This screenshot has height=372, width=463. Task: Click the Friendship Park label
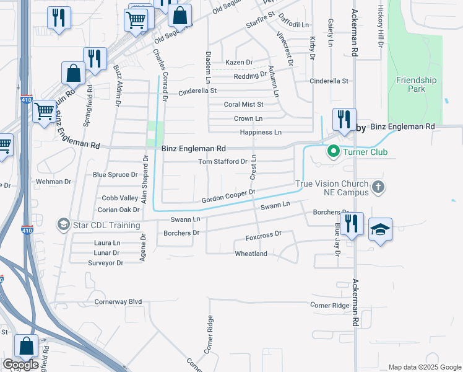[x=416, y=84]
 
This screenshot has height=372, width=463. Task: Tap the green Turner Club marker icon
[x=334, y=151]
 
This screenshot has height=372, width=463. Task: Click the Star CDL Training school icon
[x=63, y=223]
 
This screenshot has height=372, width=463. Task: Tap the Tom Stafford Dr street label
[x=222, y=162]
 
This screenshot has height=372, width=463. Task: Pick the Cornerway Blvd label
[x=118, y=302]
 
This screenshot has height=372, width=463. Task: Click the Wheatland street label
[x=251, y=254]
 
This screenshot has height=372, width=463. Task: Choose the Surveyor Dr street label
[x=106, y=263]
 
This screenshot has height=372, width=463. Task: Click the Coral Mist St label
[x=243, y=105]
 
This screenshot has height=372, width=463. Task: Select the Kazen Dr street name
[x=239, y=63]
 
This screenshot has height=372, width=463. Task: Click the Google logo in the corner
[x=20, y=365]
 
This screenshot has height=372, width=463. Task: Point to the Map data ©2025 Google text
[x=424, y=367]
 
